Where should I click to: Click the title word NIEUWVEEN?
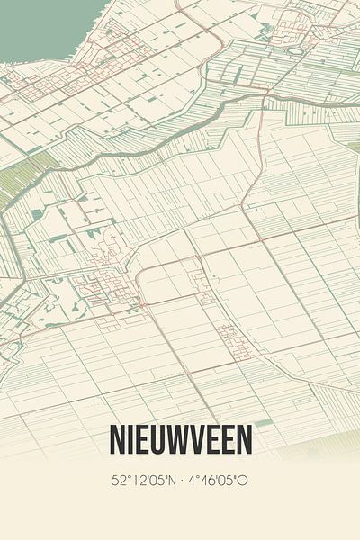pyautogui.click(x=180, y=440)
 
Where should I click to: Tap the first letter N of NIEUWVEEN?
pyautogui.click(x=116, y=440)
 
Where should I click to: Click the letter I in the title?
pyautogui.click(x=129, y=440)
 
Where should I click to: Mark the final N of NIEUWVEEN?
pyautogui.click(x=244, y=440)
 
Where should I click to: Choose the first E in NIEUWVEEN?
pyautogui.click(x=141, y=440)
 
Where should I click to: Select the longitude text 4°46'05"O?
pyautogui.click(x=218, y=481)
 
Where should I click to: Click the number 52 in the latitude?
pyautogui.click(x=118, y=481)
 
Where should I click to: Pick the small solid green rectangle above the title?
pyautogui.click(x=262, y=422)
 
